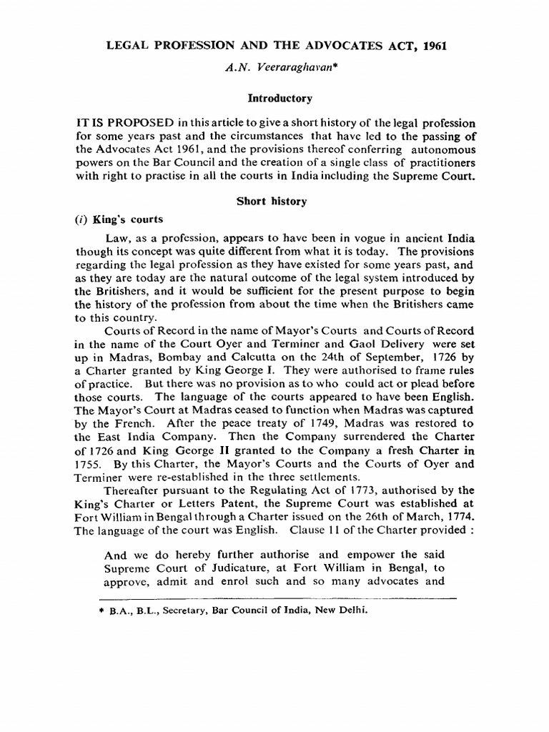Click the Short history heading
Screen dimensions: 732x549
tap(272, 201)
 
